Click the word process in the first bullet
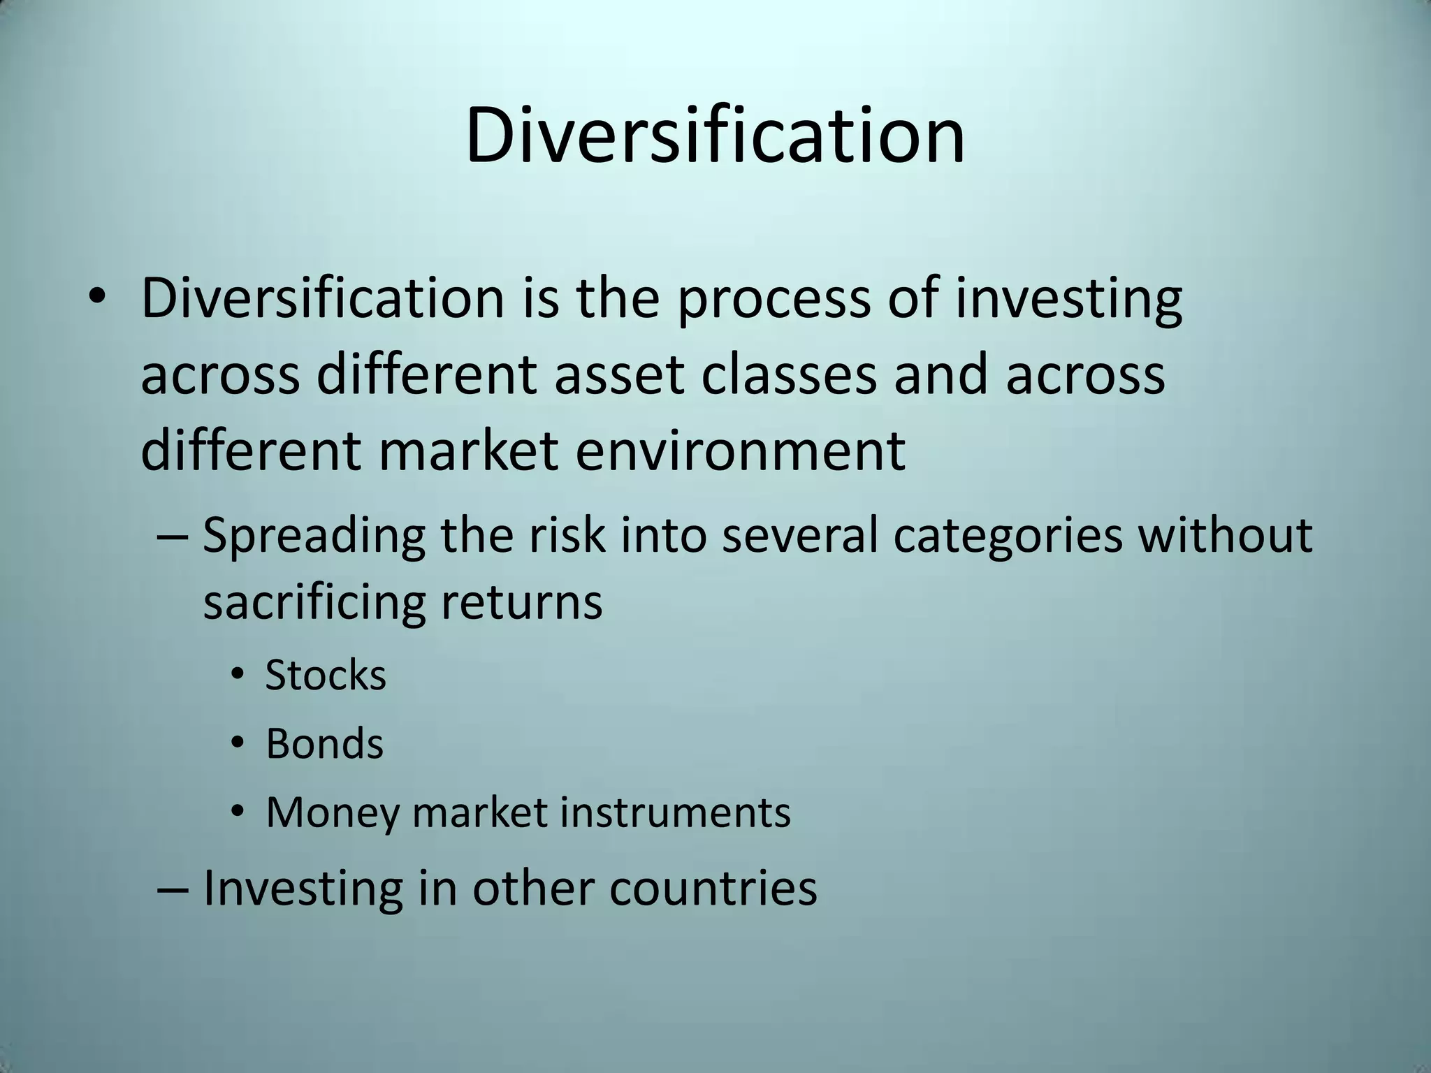773,299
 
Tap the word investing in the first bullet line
1068,299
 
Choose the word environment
741,450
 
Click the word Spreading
314,536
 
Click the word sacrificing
314,602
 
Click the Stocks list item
326,676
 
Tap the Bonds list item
325,743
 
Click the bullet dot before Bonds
238,745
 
